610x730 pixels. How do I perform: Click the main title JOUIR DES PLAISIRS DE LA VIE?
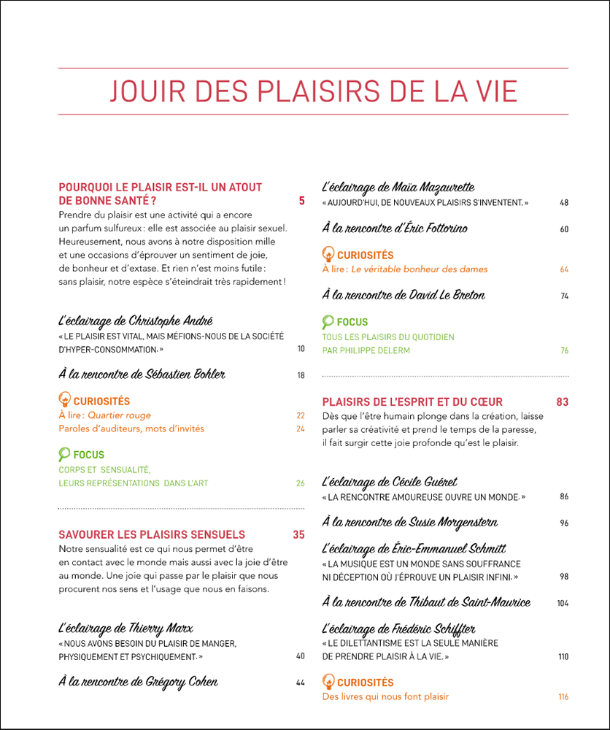[313, 91]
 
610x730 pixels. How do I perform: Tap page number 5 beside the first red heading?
[301, 201]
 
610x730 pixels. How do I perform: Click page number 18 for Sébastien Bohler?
[301, 376]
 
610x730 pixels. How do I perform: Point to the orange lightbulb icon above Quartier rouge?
[64, 400]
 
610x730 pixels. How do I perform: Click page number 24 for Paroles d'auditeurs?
[301, 429]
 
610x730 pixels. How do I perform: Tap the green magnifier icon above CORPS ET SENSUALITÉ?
[64, 454]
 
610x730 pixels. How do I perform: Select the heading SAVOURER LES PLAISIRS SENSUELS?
[152, 534]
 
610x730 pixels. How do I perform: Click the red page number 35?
[298, 534]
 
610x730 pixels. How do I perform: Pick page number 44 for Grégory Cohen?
[301, 683]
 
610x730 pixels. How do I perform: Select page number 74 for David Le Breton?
[564, 296]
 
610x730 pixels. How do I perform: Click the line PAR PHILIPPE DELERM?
[366, 350]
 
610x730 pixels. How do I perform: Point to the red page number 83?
[562, 401]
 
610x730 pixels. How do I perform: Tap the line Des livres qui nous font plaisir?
[385, 696]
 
